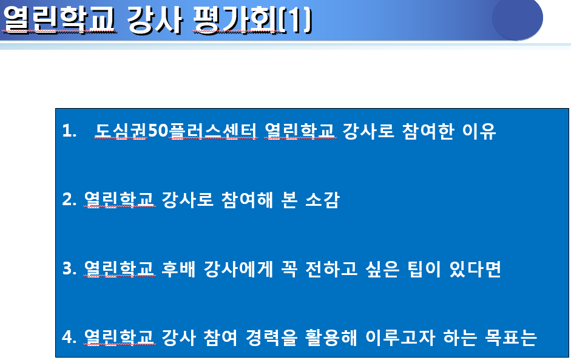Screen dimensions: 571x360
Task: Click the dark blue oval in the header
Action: [x=518, y=19]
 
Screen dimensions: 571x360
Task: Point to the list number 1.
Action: [x=69, y=131]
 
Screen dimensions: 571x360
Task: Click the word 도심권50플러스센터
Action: [x=176, y=131]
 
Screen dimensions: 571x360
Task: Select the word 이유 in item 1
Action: [x=479, y=131]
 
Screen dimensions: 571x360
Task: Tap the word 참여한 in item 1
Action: [x=428, y=131]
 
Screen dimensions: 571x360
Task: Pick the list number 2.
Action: [x=69, y=200]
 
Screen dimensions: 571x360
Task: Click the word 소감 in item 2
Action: [x=322, y=200]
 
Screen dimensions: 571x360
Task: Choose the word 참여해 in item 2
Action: [x=247, y=200]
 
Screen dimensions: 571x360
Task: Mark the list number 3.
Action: [x=69, y=268]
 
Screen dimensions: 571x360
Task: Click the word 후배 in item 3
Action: [x=178, y=268]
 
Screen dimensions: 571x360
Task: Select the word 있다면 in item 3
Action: [x=475, y=268]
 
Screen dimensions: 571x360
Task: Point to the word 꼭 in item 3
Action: [x=289, y=268]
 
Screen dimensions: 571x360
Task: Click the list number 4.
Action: [x=69, y=337]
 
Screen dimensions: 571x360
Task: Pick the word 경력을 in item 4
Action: [x=272, y=338]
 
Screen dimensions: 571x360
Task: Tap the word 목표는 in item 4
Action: [x=511, y=338]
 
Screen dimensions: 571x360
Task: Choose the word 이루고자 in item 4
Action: [x=400, y=338]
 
